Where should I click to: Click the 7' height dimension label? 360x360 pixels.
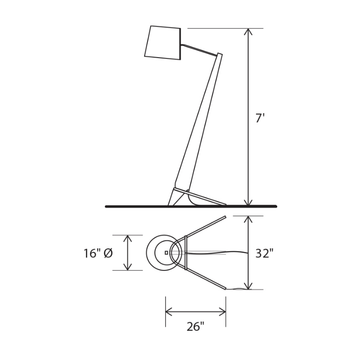[x=260, y=118]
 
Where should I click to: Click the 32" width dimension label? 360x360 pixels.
[x=264, y=253]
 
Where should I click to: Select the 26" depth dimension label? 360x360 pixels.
[x=195, y=327]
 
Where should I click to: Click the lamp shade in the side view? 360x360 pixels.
[x=162, y=43]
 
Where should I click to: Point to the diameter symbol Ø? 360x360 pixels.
[x=108, y=253]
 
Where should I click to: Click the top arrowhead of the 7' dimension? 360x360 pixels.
[x=247, y=31]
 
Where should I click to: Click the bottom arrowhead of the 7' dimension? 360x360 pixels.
[x=247, y=203]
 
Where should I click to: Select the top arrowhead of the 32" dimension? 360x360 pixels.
[x=247, y=219]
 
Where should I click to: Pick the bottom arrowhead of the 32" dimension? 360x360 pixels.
[x=247, y=286]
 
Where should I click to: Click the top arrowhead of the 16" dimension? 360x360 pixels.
[x=128, y=238]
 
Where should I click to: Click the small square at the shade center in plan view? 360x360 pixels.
[x=166, y=253]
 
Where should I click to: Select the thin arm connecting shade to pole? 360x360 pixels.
[x=198, y=49]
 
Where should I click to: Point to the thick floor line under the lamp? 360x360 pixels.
[x=135, y=207]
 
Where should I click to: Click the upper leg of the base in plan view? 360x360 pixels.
[x=206, y=226]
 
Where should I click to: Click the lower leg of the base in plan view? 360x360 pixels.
[x=206, y=279]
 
